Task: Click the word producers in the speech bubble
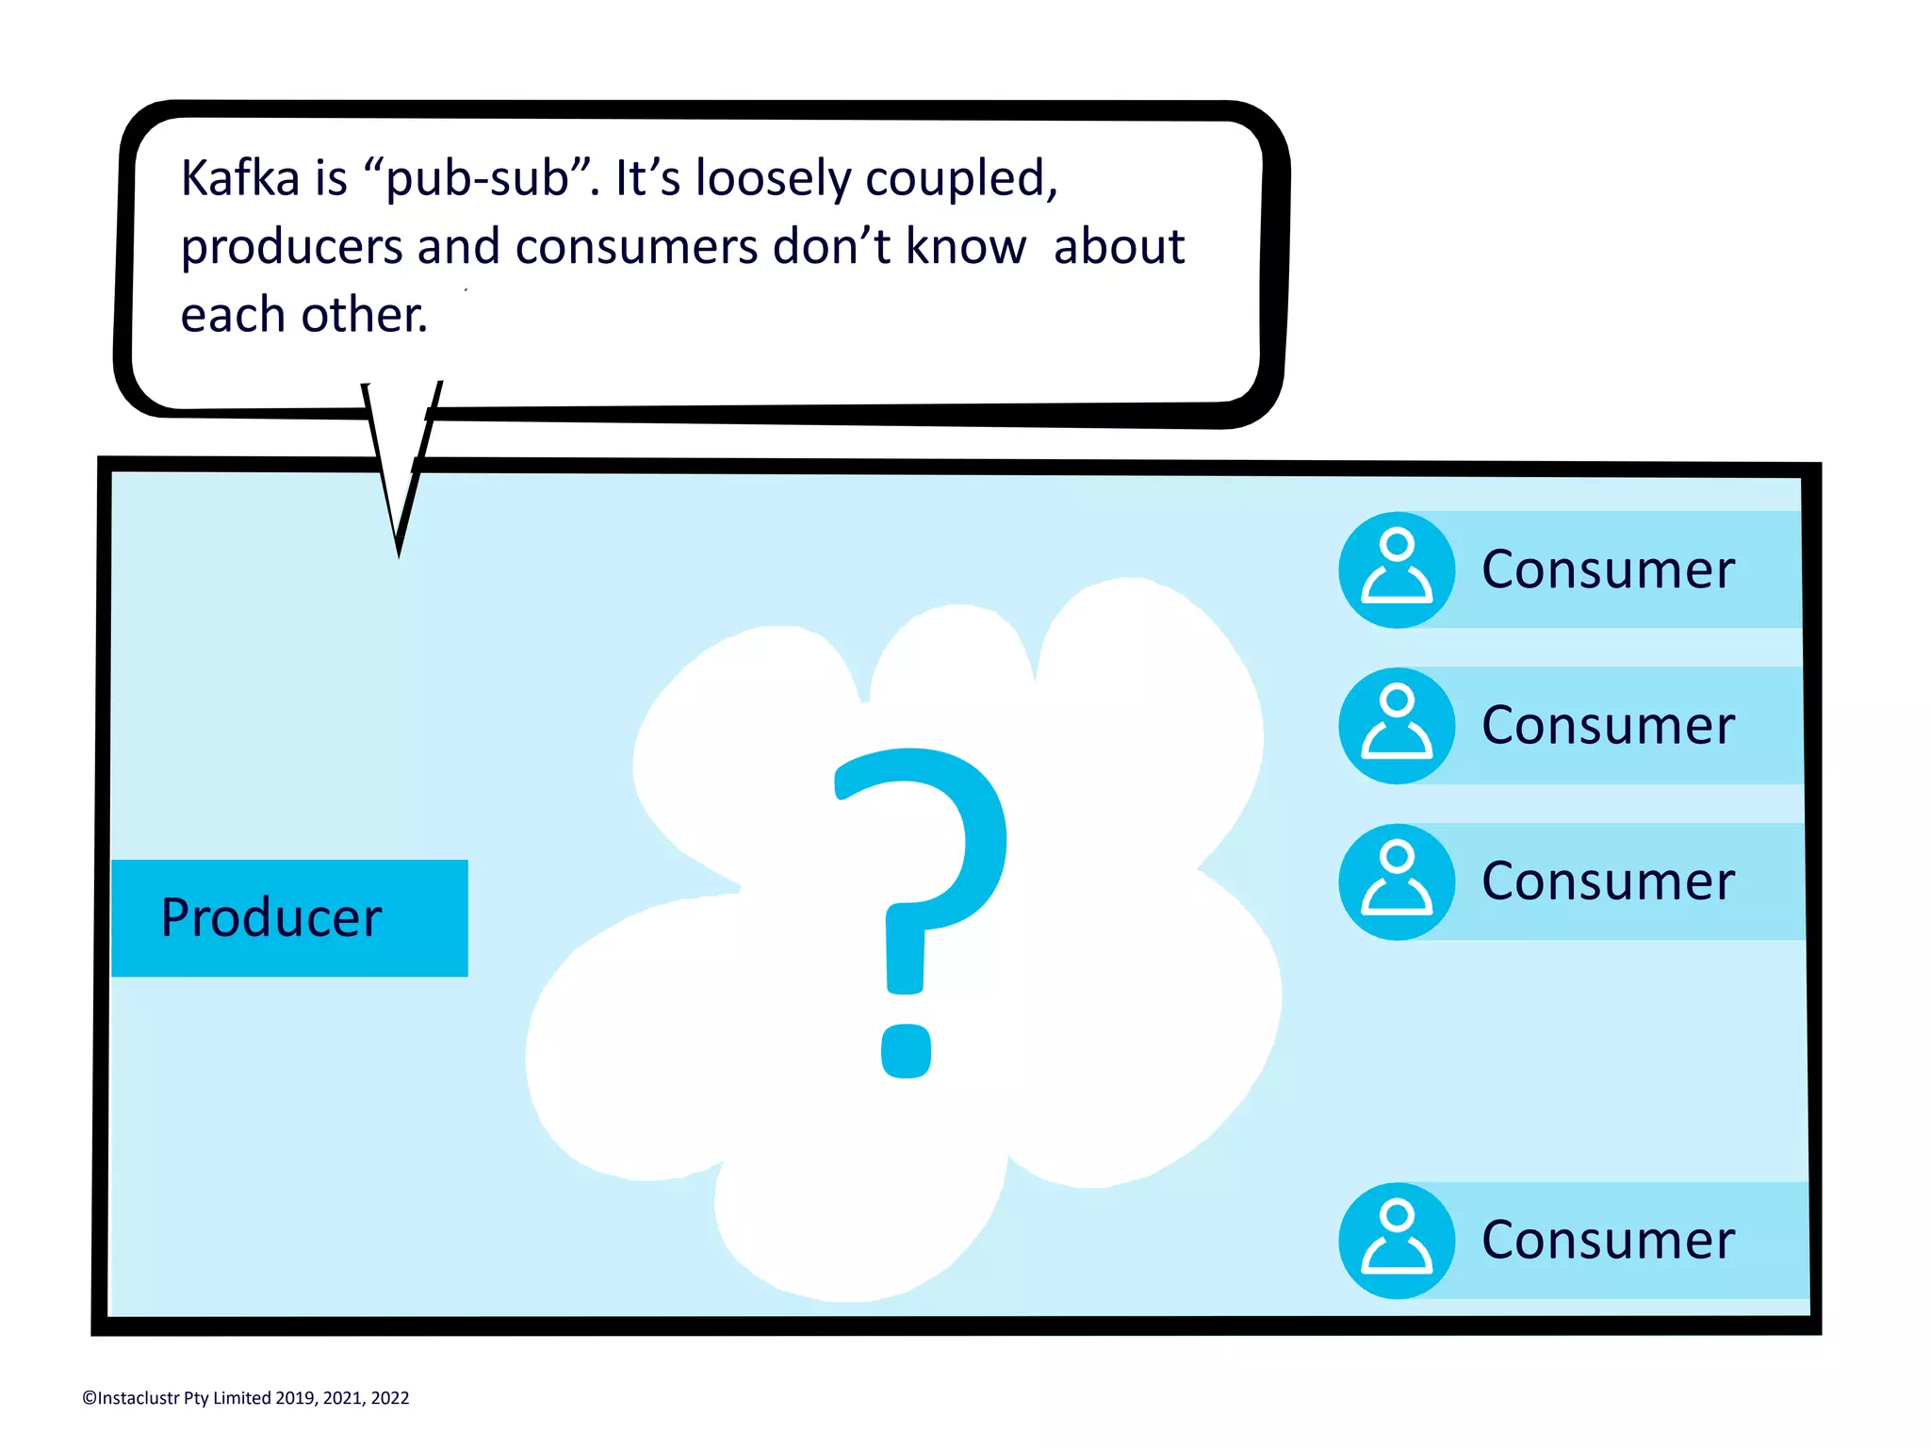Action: point(292,247)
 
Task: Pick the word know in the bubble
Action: point(965,247)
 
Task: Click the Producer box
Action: point(289,917)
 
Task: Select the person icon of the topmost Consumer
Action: point(1397,569)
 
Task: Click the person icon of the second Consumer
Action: point(1397,725)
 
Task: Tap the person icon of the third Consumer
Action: point(1397,881)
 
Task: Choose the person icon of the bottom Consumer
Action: point(1397,1240)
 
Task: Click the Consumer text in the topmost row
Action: point(1607,569)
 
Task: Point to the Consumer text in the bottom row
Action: point(1607,1240)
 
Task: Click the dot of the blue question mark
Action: point(906,1050)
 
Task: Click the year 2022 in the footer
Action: point(389,1398)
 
